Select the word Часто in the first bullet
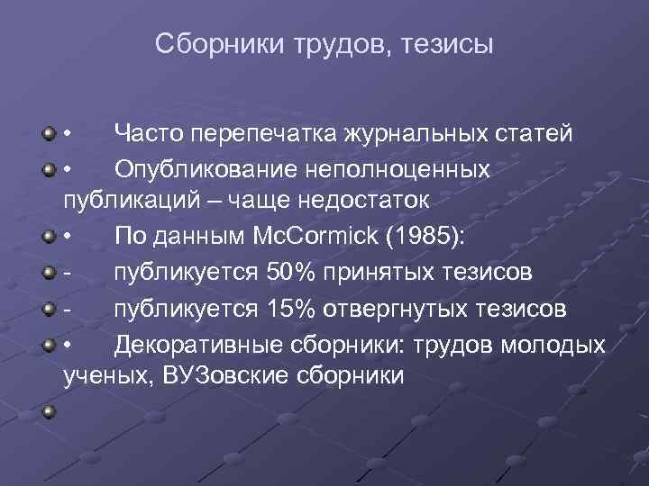(x=148, y=135)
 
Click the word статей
(x=535, y=135)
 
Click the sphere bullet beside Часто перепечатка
(x=45, y=135)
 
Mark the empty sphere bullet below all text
(x=45, y=413)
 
